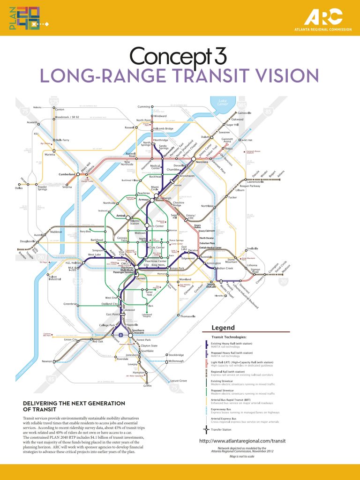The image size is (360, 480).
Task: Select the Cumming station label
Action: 143,107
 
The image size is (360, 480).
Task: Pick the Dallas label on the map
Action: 19,188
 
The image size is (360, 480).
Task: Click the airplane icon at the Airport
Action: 122,335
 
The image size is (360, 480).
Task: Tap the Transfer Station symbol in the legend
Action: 206,429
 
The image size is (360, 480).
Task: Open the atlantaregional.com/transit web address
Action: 242,441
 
